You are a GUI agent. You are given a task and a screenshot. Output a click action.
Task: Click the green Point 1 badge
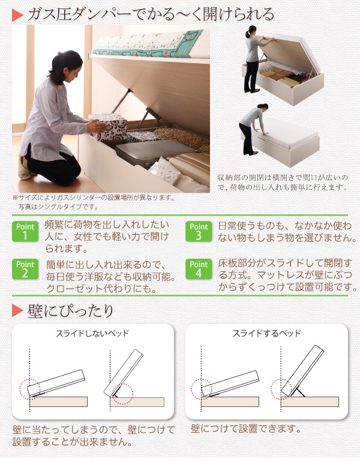(x=25, y=231)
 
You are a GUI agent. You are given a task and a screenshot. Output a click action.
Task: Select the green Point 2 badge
(x=25, y=269)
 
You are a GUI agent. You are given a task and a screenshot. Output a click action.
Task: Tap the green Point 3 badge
(x=199, y=231)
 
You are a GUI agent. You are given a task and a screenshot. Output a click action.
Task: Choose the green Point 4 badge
(x=199, y=269)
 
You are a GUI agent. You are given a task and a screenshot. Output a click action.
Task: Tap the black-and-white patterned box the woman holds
(x=110, y=125)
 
